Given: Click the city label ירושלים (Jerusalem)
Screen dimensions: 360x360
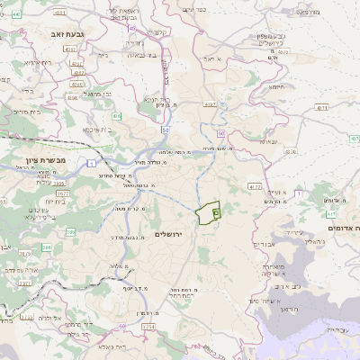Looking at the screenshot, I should click(x=168, y=234).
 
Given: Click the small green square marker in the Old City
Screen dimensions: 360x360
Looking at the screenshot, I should click(x=216, y=212).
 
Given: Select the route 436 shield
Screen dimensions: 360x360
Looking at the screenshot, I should click(x=117, y=116).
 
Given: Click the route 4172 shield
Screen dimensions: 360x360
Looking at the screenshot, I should click(x=255, y=186).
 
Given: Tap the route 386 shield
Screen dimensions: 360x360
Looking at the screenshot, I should click(x=46, y=232).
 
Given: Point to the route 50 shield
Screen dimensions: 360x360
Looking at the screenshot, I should click(x=166, y=130).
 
